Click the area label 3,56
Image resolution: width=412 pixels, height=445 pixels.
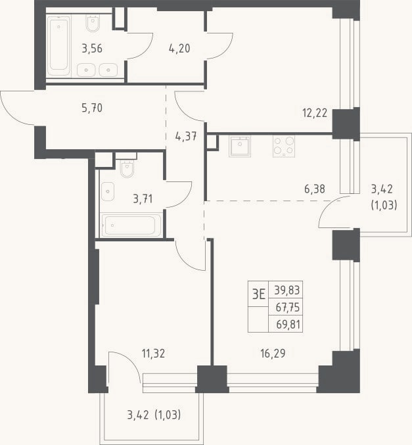click(92, 49)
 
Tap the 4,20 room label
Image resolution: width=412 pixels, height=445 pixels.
click(179, 49)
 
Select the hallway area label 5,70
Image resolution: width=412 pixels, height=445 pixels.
click(92, 108)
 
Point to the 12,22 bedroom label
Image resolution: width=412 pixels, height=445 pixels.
click(315, 113)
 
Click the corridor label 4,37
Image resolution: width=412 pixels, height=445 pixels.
click(186, 137)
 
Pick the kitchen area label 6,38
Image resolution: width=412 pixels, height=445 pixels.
click(315, 189)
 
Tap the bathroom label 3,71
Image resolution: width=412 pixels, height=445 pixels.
click(143, 199)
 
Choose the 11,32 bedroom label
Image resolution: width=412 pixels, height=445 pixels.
click(153, 354)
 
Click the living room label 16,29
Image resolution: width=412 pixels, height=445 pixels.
click(273, 354)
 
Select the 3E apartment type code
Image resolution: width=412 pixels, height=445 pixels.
click(258, 294)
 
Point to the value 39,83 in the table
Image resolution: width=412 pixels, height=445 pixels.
click(287, 291)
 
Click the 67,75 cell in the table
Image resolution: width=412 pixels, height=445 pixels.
click(287, 307)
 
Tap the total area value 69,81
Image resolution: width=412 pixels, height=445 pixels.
click(288, 324)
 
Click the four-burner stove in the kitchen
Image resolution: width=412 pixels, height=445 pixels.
click(284, 146)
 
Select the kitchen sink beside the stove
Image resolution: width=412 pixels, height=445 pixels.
click(240, 146)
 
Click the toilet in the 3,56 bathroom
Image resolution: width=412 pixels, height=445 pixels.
click(93, 23)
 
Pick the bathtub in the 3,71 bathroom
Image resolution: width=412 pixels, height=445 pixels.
click(131, 225)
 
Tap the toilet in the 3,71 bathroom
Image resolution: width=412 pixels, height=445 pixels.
click(127, 168)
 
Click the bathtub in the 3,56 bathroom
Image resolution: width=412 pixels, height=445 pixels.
click(58, 46)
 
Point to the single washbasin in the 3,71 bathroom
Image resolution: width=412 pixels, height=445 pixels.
click(108, 191)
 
